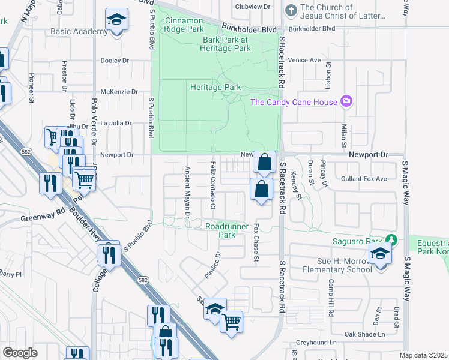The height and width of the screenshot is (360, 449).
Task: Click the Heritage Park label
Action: click(215, 87)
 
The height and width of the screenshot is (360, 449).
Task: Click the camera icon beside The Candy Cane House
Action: click(346, 101)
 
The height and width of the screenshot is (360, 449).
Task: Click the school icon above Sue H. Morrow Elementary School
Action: click(379, 255)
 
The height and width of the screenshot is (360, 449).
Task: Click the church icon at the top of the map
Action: click(291, 10)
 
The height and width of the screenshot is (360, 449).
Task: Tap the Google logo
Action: click(20, 352)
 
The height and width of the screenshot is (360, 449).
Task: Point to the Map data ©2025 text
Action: click(424, 355)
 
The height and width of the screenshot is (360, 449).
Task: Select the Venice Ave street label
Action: click(304, 60)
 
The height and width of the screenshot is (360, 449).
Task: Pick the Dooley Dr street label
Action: click(115, 61)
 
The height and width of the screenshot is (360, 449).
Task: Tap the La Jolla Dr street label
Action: click(115, 123)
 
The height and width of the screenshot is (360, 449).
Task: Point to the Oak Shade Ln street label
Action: click(364, 334)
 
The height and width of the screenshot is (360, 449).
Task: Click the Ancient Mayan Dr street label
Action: click(187, 191)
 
